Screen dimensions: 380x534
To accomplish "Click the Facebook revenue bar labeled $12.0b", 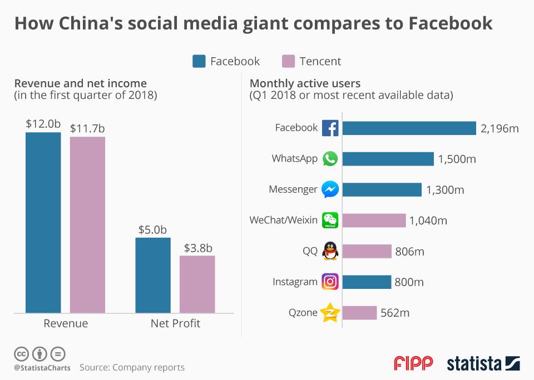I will pyautogui.click(x=43, y=222).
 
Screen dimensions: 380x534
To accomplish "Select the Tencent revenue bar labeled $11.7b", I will pyautogui.click(x=87, y=224).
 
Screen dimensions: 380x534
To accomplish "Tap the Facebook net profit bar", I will pyautogui.click(x=153, y=275).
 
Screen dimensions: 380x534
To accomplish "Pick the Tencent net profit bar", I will pyautogui.click(x=197, y=284).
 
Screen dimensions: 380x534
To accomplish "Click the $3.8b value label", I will pyautogui.click(x=199, y=248).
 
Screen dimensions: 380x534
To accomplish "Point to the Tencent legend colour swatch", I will pyautogui.click(x=288, y=61).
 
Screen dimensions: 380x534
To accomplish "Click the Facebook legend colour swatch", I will pyautogui.click(x=199, y=61).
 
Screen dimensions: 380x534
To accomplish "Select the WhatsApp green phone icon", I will pyautogui.click(x=330, y=159).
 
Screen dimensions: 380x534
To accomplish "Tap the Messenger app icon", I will pyautogui.click(x=330, y=189).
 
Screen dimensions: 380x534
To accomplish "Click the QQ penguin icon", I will pyautogui.click(x=330, y=251).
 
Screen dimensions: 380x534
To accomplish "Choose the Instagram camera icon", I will pyautogui.click(x=330, y=282).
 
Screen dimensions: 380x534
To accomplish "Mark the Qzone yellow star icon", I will pyautogui.click(x=330, y=313).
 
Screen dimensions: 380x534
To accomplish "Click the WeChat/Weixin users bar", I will pyautogui.click(x=374, y=221).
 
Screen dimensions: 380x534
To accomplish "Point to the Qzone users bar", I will pyautogui.click(x=359, y=313).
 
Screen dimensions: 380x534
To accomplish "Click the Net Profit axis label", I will pyautogui.click(x=175, y=323).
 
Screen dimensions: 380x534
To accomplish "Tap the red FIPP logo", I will pyautogui.click(x=413, y=363).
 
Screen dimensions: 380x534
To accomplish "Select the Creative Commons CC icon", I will pyautogui.click(x=22, y=353).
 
